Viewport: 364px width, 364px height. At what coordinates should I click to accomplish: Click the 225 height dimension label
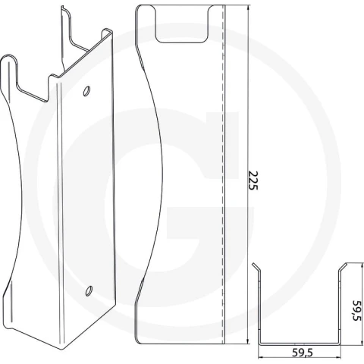click(x=253, y=180)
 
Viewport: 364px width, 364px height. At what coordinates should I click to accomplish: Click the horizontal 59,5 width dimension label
click(x=303, y=352)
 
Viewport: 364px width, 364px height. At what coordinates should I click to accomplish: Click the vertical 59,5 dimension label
click(x=357, y=310)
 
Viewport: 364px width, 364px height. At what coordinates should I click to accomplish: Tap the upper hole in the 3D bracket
click(x=86, y=91)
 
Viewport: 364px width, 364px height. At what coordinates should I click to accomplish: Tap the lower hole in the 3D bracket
click(x=89, y=291)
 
